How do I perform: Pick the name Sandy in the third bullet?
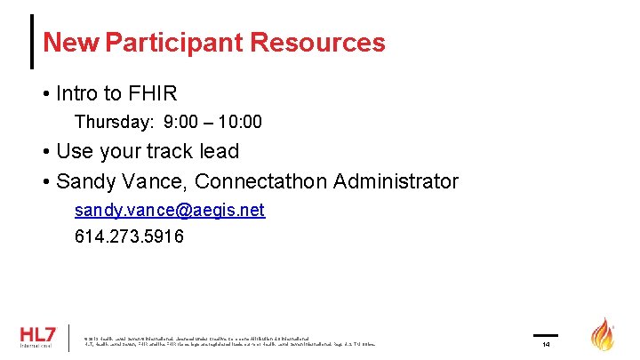click(x=83, y=181)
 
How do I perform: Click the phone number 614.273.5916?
click(x=129, y=236)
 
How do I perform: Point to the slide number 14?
click(x=546, y=344)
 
